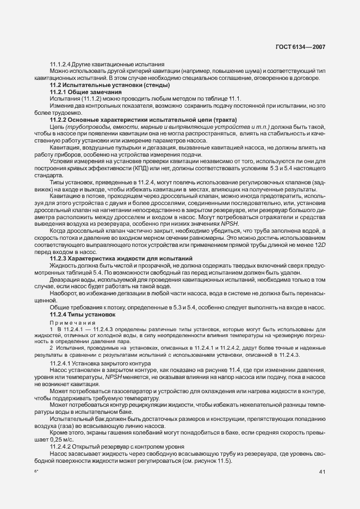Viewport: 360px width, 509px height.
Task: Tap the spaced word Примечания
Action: pyautogui.click(x=72, y=322)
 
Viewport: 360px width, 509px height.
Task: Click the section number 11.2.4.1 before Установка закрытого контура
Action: pyautogui.click(x=63, y=362)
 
